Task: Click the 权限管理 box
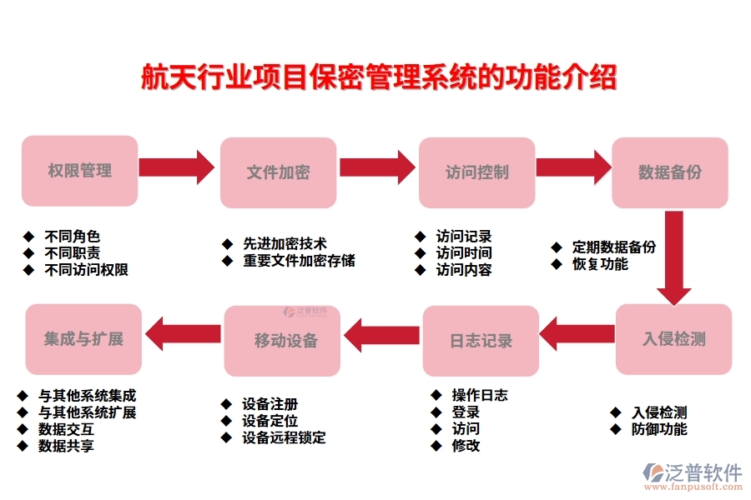click(x=79, y=171)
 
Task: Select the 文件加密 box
click(x=278, y=172)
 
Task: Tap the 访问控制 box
click(x=476, y=172)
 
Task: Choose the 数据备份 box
click(x=670, y=172)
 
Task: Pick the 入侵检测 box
click(x=673, y=339)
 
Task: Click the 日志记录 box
click(x=481, y=341)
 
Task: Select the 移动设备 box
click(x=282, y=341)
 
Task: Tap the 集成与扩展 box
click(x=83, y=339)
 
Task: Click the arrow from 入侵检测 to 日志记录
click(x=577, y=334)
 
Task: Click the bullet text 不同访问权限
click(x=87, y=270)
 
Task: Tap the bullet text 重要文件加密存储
click(x=299, y=261)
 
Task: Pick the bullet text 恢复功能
click(x=600, y=264)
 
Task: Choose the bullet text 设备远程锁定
click(x=284, y=437)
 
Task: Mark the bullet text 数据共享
click(x=66, y=446)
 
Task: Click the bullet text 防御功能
click(x=659, y=429)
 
